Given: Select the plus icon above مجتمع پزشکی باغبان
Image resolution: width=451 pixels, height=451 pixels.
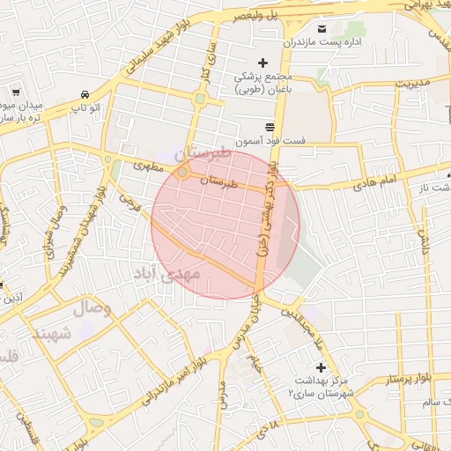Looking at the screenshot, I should (x=262, y=62).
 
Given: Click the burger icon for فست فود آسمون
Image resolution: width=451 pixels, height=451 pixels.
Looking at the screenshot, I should (x=269, y=127).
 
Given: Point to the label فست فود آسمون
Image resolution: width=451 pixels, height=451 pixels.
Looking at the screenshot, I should (x=270, y=141).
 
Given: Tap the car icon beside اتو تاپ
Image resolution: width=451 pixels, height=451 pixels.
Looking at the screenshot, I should (x=84, y=94).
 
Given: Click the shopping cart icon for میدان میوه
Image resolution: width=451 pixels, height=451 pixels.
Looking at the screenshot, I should (x=16, y=91).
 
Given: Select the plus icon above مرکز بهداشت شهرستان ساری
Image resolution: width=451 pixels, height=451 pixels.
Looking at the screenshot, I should (x=320, y=366).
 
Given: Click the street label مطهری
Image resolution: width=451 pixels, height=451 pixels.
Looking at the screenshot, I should (x=149, y=165).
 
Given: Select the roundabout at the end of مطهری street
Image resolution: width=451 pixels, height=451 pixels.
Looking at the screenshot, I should (x=182, y=173).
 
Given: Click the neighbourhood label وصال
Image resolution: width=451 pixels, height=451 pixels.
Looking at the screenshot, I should (x=92, y=308).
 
